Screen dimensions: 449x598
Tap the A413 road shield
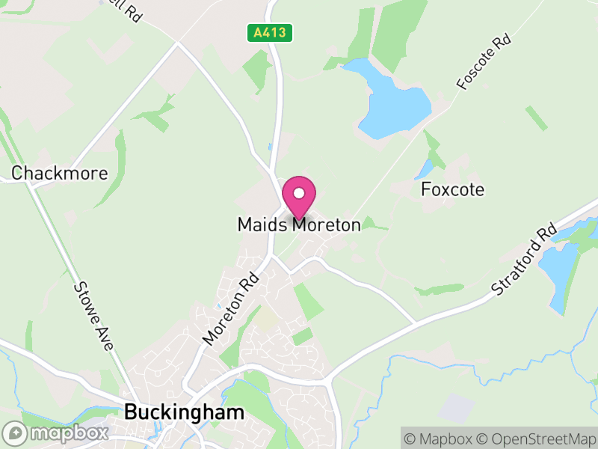270,33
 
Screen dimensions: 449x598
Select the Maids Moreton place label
299,224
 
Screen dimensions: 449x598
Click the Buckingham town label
185,412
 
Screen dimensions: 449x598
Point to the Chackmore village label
60,174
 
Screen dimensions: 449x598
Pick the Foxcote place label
452,189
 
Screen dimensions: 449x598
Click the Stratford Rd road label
525,258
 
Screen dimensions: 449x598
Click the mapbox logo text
70,433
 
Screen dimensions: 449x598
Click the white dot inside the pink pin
299,193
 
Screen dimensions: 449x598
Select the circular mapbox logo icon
16,433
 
